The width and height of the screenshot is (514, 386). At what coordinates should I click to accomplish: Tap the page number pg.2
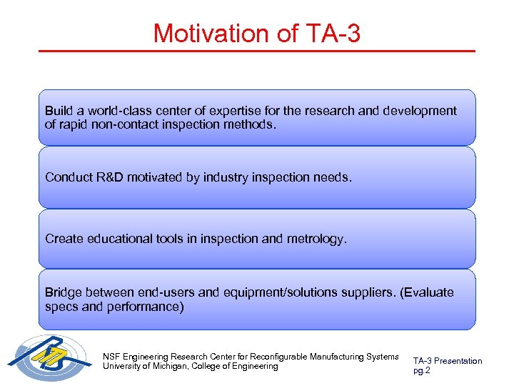(x=421, y=370)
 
